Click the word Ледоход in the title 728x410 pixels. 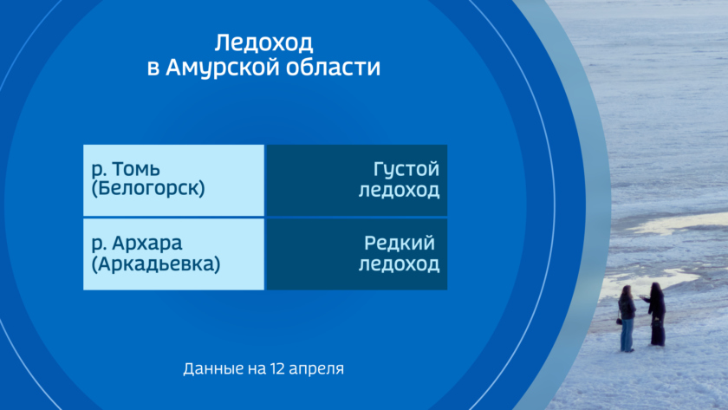coord(263,43)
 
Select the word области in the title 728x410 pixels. coord(334,67)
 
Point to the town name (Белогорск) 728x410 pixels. coord(148,188)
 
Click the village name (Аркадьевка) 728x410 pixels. coord(155,264)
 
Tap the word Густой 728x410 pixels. coord(406,170)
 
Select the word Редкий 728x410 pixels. coord(400,244)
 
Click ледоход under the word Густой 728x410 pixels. coord(400,191)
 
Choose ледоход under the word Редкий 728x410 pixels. coord(400,264)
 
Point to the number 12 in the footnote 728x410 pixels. coord(277,368)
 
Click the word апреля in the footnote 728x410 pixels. coord(316,369)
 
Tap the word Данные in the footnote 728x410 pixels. coord(213,369)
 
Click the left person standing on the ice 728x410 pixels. coord(627,318)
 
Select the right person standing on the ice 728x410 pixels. coord(655,314)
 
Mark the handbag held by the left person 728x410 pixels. coord(620,321)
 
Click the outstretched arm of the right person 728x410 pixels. coord(647,298)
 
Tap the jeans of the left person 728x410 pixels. coord(627,335)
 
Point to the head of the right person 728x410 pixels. coord(656,288)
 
